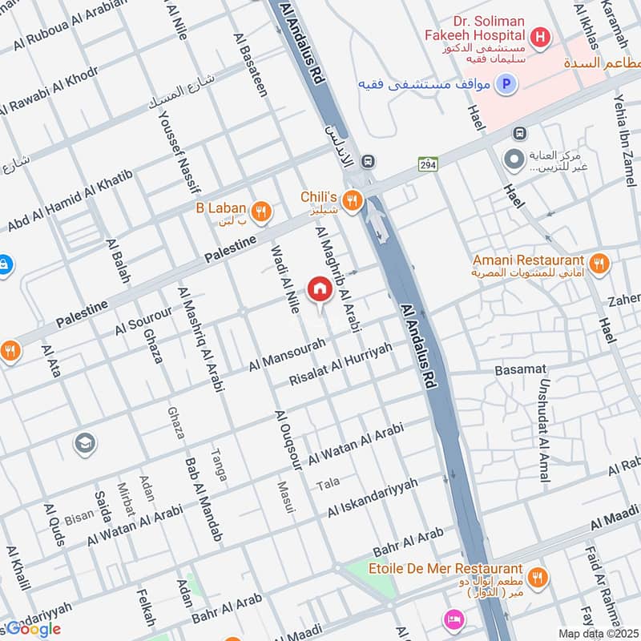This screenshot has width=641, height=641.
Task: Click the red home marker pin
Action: click(x=320, y=288)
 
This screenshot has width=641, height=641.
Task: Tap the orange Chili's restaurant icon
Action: click(x=350, y=198)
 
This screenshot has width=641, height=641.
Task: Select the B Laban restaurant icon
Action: click(x=260, y=212)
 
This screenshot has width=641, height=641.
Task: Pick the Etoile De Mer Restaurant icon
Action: click(x=538, y=576)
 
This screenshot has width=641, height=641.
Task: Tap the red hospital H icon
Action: click(x=541, y=36)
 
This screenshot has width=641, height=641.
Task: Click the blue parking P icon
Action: click(x=506, y=83)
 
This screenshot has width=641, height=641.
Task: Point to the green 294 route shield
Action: click(x=426, y=164)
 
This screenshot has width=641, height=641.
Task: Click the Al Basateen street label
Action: click(x=250, y=65)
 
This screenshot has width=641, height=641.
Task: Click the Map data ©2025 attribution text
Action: click(x=597, y=633)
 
